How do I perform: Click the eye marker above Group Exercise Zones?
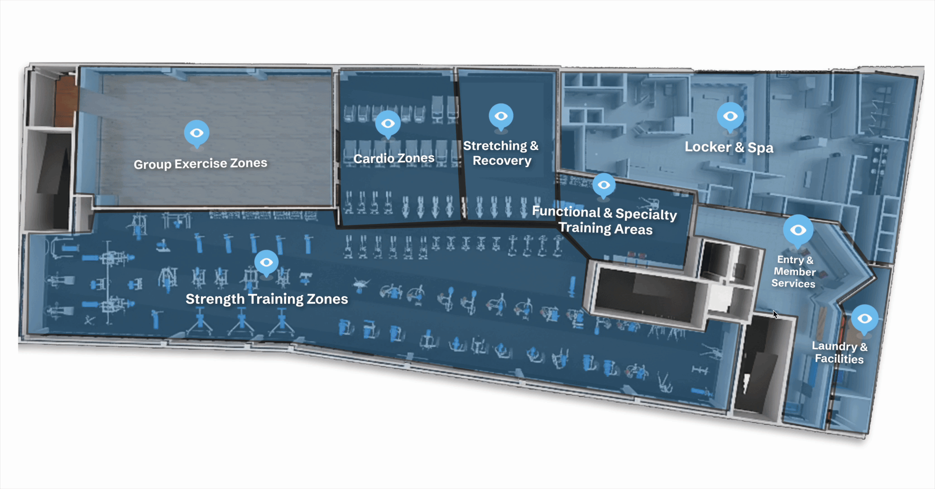197,133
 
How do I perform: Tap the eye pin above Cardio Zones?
388,123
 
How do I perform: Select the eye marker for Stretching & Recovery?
501,116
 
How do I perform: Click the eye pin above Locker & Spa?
730,116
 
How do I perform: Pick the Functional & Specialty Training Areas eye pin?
604,185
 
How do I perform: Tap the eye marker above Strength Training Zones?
266,262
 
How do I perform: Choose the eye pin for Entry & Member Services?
798,230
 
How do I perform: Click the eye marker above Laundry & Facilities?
864,319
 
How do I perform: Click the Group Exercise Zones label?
200,163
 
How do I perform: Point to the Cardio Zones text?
393,158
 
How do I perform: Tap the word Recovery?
502,161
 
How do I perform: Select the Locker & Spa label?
729,147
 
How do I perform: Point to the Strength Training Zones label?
267,299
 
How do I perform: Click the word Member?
794,272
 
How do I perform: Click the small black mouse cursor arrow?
775,314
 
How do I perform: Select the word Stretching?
495,146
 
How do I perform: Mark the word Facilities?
839,359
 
